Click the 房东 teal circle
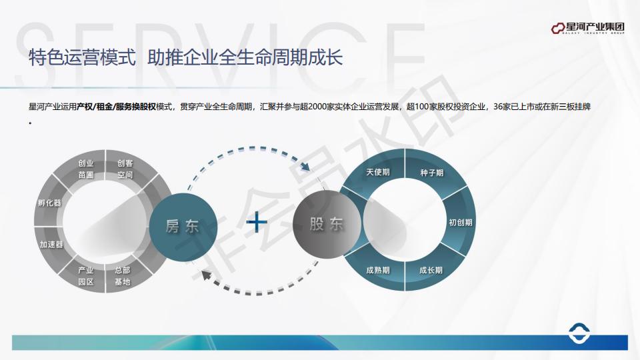pyautogui.click(x=183, y=227)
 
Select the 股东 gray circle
pyautogui.click(x=327, y=225)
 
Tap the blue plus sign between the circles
pyautogui.click(x=257, y=223)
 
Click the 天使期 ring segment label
pyautogui.click(x=378, y=172)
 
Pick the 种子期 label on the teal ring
pyautogui.click(x=432, y=173)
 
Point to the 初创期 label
pyautogui.click(x=461, y=223)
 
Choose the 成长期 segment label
pyautogui.click(x=431, y=270)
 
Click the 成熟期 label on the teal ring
pyautogui.click(x=378, y=270)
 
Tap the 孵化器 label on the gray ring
pyautogui.click(x=49, y=203)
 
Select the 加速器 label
pyautogui.click(x=51, y=245)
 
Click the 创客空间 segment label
pyautogui.click(x=125, y=169)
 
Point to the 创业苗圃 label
pyautogui.click(x=86, y=169)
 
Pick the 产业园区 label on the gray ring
pyautogui.click(x=86, y=276)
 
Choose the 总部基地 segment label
pyautogui.click(x=123, y=276)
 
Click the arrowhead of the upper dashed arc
pyautogui.click(x=305, y=166)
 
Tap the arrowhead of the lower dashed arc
pyautogui.click(x=207, y=275)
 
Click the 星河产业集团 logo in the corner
pyautogui.click(x=587, y=28)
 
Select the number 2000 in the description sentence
pyautogui.click(x=317, y=107)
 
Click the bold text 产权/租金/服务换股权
pyautogui.click(x=116, y=107)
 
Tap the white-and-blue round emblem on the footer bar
pyautogui.click(x=579, y=333)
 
